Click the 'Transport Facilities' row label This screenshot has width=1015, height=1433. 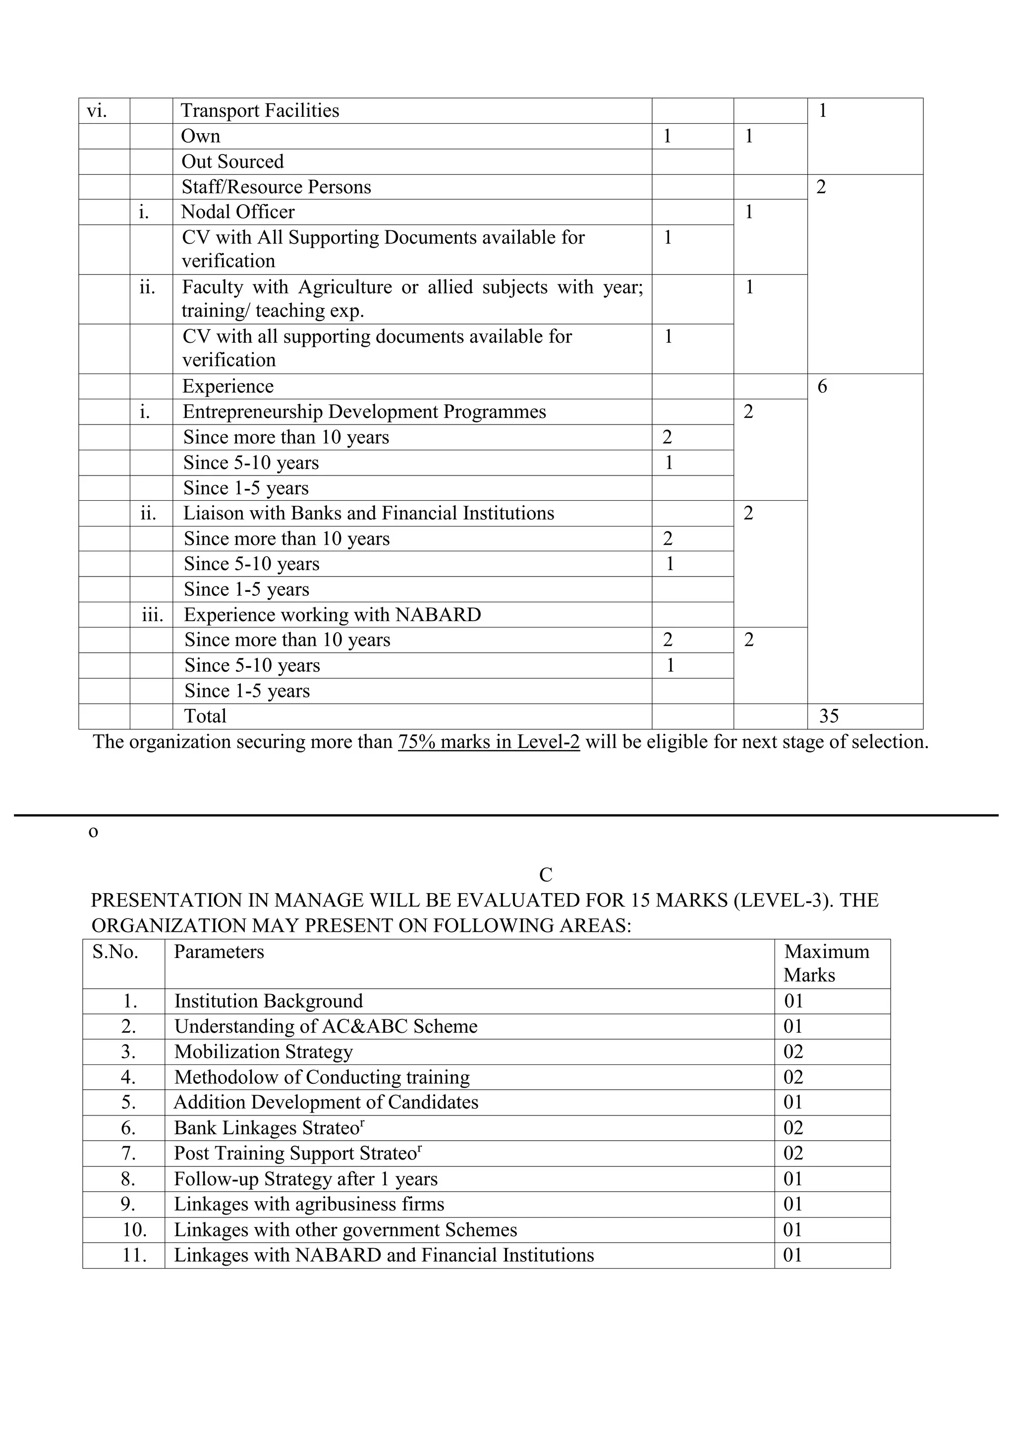click(x=260, y=110)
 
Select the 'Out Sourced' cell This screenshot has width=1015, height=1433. click(x=232, y=162)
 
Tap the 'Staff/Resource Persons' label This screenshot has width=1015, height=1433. click(x=276, y=187)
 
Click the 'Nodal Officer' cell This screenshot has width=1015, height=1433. click(x=237, y=212)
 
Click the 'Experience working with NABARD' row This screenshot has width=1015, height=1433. click(x=332, y=615)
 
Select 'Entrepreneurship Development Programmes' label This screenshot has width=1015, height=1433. click(x=364, y=412)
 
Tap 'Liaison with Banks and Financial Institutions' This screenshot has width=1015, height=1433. click(x=369, y=514)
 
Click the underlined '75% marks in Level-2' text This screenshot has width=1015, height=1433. click(x=489, y=742)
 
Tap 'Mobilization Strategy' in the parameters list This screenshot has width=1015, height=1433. click(x=263, y=1052)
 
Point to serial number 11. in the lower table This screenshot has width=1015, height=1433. click(x=134, y=1256)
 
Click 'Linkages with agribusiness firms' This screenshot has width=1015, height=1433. click(x=309, y=1204)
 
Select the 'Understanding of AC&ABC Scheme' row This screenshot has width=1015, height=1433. click(x=326, y=1026)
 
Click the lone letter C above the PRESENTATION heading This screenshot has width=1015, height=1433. click(x=546, y=875)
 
